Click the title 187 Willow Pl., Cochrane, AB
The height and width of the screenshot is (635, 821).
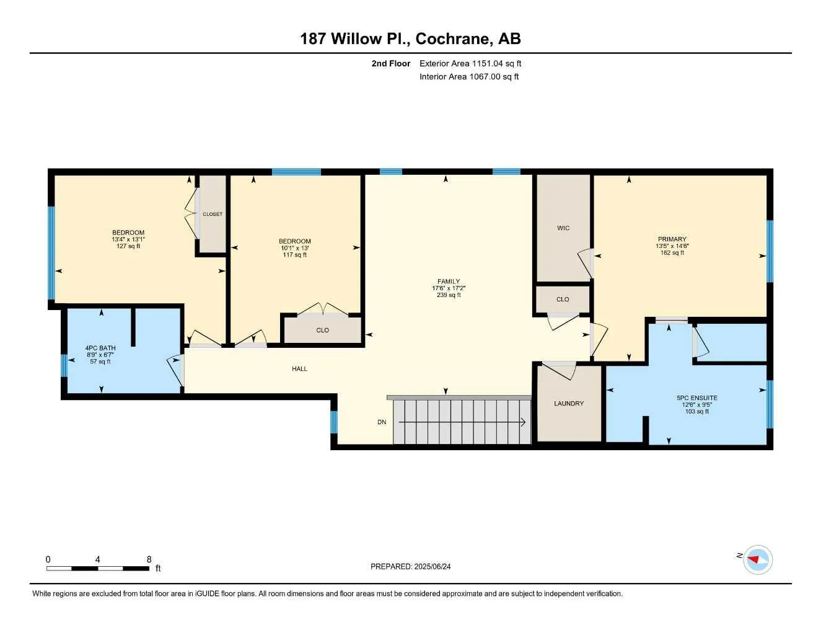point(410,38)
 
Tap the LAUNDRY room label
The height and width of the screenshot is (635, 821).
point(568,404)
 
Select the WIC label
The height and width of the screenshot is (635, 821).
point(563,228)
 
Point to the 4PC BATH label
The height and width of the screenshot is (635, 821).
point(100,348)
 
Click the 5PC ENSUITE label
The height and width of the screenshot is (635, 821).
point(696,398)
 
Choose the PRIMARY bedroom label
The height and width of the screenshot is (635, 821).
point(672,239)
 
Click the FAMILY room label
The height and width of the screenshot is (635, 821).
point(449,282)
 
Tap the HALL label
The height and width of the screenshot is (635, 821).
point(299,369)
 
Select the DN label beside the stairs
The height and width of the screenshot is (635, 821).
point(382,422)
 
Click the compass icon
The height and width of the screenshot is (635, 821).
point(757,559)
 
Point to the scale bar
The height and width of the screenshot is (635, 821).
point(98,568)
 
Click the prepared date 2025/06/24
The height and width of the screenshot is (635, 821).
point(410,567)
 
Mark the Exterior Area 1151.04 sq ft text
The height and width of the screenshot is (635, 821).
point(470,63)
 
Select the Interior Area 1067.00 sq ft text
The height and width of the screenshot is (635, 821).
point(469,77)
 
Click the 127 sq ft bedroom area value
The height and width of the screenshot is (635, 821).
point(128,246)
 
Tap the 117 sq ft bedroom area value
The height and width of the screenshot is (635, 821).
point(294,255)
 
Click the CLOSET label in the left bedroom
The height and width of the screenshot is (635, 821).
point(213,215)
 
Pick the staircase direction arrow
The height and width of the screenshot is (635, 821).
point(462,423)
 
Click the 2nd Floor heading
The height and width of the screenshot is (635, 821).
point(390,63)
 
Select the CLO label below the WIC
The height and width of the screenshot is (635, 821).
point(562,300)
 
